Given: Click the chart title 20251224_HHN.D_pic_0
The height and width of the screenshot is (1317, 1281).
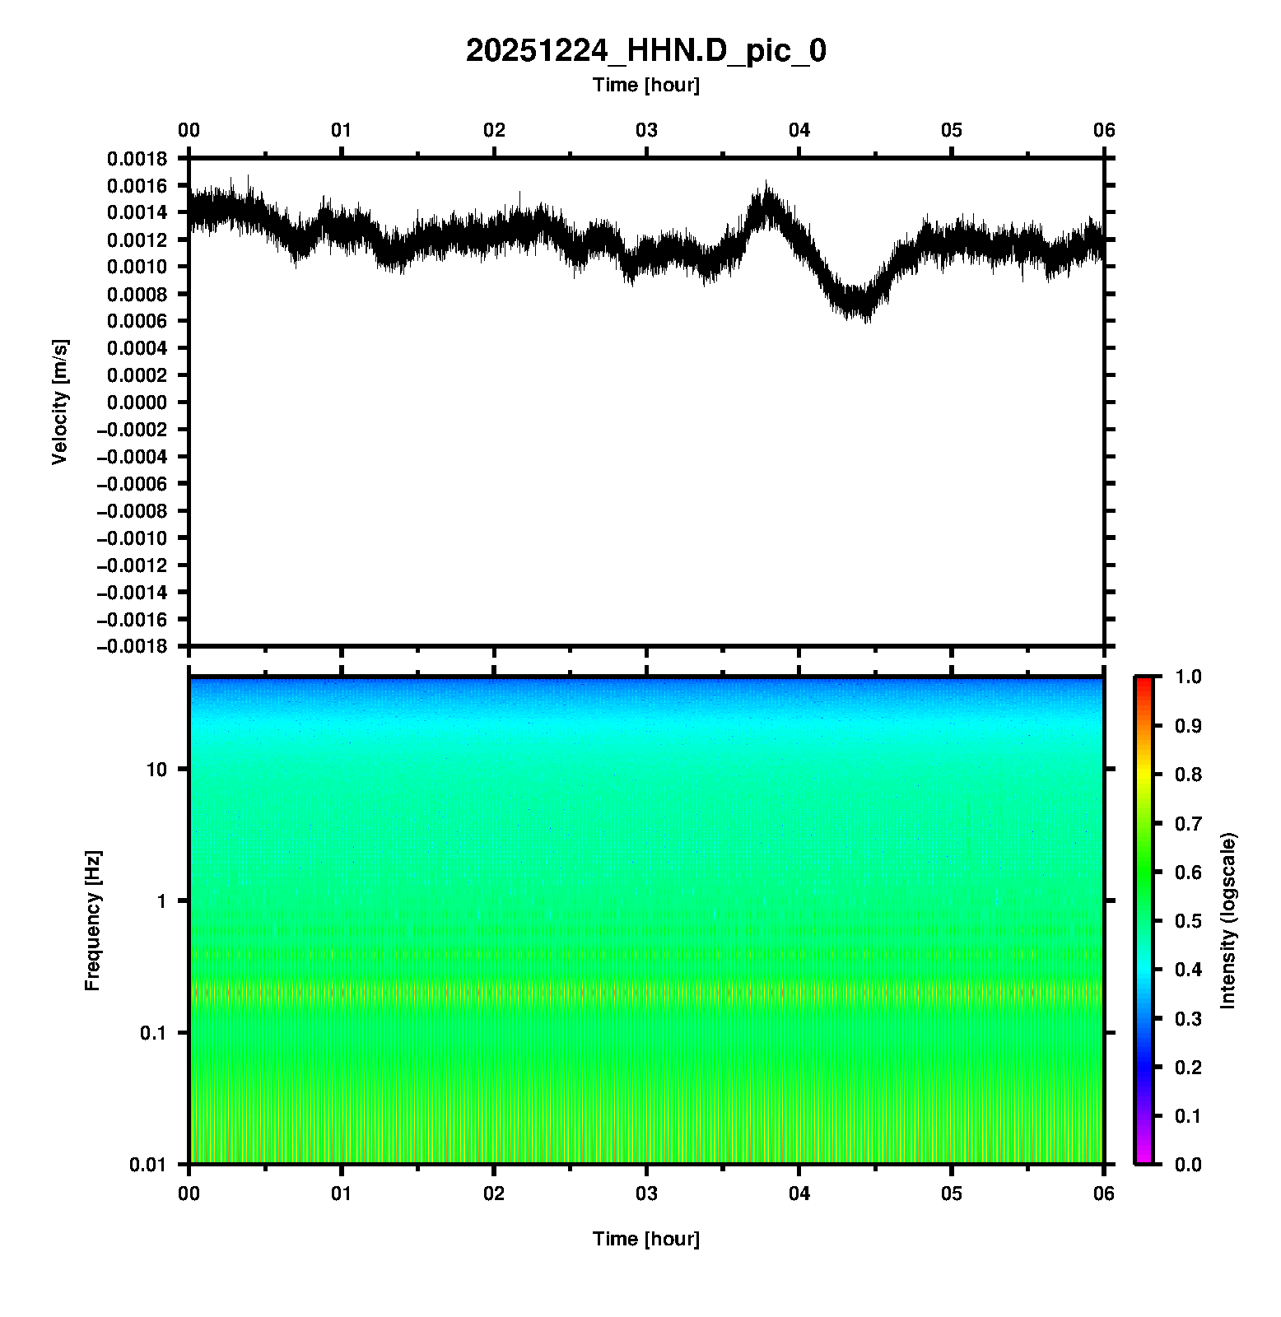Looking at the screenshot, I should pyautogui.click(x=645, y=51).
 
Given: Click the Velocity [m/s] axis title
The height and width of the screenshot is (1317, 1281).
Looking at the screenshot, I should pyautogui.click(x=59, y=402).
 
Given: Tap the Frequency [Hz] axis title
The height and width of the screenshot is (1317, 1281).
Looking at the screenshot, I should pyautogui.click(x=92, y=921).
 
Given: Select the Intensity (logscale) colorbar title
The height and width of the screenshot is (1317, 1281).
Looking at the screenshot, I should pyautogui.click(x=1228, y=920).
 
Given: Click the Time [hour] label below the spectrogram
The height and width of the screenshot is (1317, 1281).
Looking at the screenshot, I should pyautogui.click(x=645, y=1239).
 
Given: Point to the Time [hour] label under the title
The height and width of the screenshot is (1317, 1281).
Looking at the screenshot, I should pyautogui.click(x=645, y=85).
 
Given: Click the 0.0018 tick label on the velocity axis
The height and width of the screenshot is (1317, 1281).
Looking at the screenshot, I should pyautogui.click(x=137, y=159).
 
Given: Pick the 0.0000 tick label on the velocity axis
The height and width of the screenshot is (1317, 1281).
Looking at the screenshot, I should pyautogui.click(x=137, y=403).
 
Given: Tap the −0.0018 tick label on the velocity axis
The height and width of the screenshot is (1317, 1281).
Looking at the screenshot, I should pyautogui.click(x=132, y=646).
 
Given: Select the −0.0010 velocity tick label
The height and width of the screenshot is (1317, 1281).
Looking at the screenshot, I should pyautogui.click(x=132, y=538).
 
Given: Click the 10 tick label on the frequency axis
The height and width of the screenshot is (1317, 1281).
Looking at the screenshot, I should pyautogui.click(x=156, y=770).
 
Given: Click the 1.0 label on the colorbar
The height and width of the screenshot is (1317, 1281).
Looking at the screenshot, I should pyautogui.click(x=1190, y=677).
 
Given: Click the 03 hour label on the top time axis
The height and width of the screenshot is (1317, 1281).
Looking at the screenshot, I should pyautogui.click(x=646, y=130).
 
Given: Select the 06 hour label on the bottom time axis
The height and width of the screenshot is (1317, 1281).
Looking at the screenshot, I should pyautogui.click(x=1104, y=1194).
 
